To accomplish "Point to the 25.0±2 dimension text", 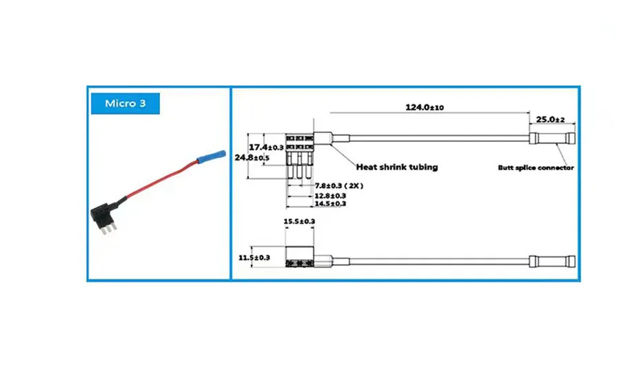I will pyautogui.click(x=550, y=119).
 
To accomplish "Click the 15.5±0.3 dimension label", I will pyautogui.click(x=299, y=221).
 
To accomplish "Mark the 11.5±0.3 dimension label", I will pyautogui.click(x=254, y=258).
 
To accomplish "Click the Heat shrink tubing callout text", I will pyautogui.click(x=396, y=167).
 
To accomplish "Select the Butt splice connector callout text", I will pyautogui.click(x=536, y=167).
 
